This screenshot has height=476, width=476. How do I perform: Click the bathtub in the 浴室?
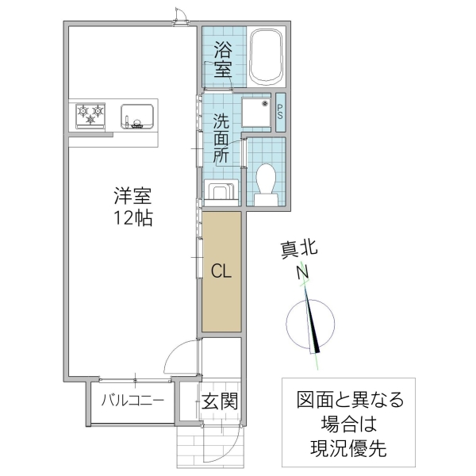(x=266, y=56)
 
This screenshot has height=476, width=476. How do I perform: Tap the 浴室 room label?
(x=223, y=59)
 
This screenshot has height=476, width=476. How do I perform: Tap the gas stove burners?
(x=90, y=115)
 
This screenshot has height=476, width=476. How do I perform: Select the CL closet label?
(x=221, y=271)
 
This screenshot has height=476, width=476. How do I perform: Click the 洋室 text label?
(x=132, y=195)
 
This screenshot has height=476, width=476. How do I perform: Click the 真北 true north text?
(x=299, y=249)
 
